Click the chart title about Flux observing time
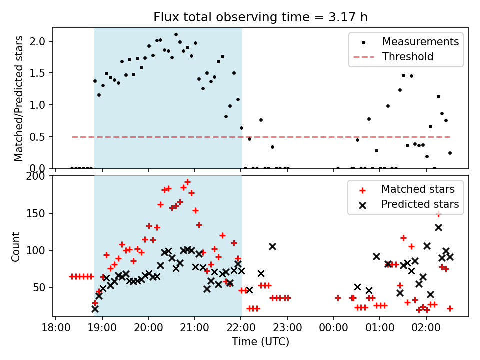(x=260, y=18)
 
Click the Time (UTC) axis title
(x=260, y=342)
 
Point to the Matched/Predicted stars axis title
(x=19, y=98)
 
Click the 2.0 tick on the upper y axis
(x=41, y=41)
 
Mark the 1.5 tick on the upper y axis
(x=41, y=73)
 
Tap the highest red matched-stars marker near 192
(x=187, y=182)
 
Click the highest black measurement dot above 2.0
(x=176, y=35)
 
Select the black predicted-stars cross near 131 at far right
(x=438, y=227)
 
